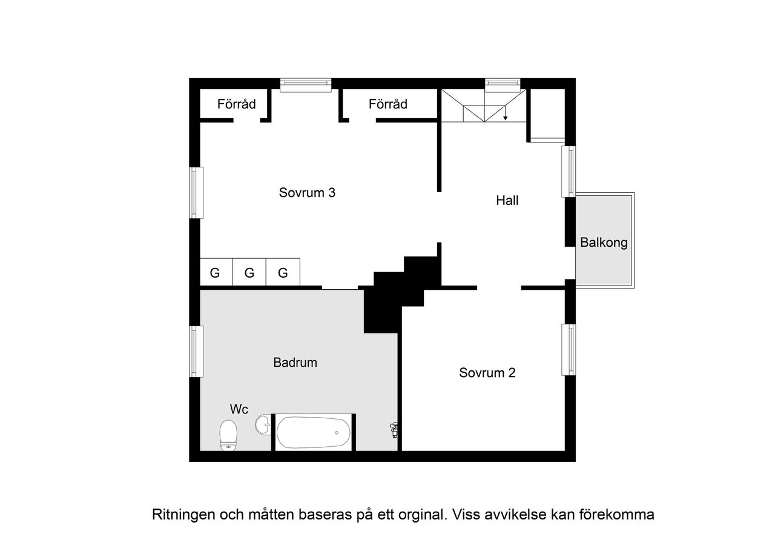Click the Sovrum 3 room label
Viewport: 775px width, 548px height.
coord(307,193)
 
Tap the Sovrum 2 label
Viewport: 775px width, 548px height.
coord(487,373)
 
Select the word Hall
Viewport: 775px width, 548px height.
coord(507,200)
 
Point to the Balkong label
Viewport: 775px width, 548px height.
coord(604,243)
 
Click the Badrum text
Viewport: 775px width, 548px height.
coord(295,363)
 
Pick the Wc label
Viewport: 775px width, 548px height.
coord(239,409)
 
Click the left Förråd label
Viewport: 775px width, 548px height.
coord(236,104)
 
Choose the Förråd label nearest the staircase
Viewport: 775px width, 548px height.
coord(387,104)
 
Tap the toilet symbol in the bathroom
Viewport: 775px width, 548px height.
coord(228,435)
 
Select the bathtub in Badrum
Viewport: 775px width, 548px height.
coord(313,432)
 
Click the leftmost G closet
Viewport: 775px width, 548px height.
coord(215,273)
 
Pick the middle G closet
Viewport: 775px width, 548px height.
coord(249,273)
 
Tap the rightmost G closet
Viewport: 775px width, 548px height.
coord(283,273)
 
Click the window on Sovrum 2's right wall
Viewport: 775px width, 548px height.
coord(569,350)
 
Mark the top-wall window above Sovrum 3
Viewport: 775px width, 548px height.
coord(306,85)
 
